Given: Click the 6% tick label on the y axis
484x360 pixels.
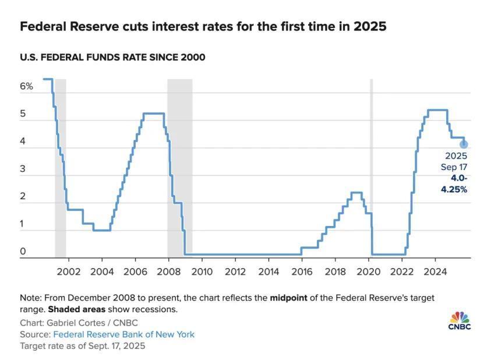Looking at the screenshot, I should click(x=27, y=86).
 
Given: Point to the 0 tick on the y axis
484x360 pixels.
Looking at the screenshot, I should click(x=23, y=252).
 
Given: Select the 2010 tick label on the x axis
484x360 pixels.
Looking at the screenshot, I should click(x=202, y=271).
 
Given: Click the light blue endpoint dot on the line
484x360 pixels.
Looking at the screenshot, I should click(x=464, y=144).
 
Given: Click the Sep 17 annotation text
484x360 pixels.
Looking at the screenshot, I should click(x=454, y=167).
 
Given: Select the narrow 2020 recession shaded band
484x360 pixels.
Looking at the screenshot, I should click(x=372, y=169).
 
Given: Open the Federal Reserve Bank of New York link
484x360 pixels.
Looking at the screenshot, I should click(x=123, y=334).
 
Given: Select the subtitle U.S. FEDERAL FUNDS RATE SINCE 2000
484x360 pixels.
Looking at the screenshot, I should click(x=112, y=57).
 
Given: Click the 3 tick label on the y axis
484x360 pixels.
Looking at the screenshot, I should click(x=23, y=169).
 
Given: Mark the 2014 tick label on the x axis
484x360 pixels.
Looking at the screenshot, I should click(x=269, y=271).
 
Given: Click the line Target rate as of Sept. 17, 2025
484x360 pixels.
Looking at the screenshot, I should click(x=82, y=345).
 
